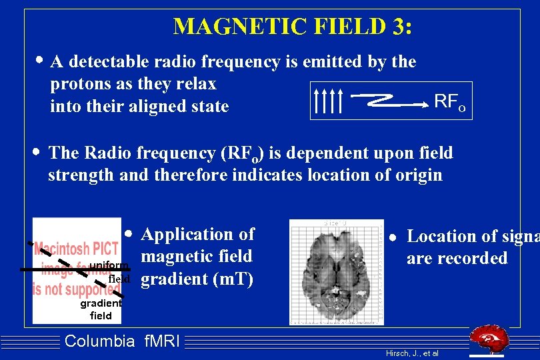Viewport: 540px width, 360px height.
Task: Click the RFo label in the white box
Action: [x=449, y=102]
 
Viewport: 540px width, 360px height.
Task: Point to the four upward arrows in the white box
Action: [x=327, y=101]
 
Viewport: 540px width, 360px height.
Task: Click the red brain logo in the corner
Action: [x=491, y=341]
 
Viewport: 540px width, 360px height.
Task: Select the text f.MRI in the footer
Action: [x=162, y=342]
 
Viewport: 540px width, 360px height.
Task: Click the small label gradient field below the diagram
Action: [x=101, y=309]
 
